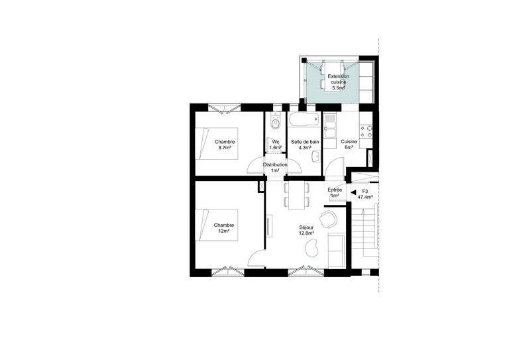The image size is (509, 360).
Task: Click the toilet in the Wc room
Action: point(275,123)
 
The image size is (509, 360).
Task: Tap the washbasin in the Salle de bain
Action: point(317,156)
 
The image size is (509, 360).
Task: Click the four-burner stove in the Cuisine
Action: point(365,130)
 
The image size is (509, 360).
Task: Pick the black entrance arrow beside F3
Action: point(353,192)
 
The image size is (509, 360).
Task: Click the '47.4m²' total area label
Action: point(365,197)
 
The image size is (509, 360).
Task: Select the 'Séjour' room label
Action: point(307,227)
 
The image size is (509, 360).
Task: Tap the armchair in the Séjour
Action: point(327,218)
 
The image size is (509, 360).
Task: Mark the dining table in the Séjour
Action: point(296,194)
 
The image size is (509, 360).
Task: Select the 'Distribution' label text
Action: point(275,164)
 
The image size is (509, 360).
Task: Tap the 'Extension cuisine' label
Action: point(339,80)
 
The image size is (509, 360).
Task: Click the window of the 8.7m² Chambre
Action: point(223,107)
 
